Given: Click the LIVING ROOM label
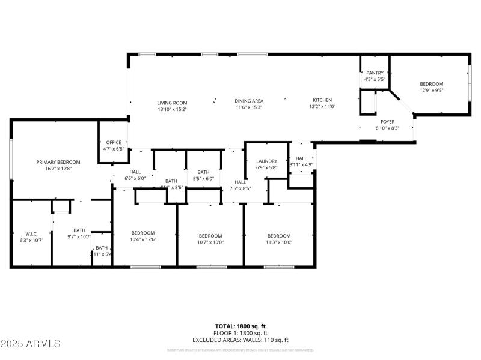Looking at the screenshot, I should [172, 103].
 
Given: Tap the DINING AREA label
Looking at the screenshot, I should [249, 100].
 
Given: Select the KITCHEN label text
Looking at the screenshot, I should [322, 100].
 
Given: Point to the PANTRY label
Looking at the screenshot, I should [375, 73].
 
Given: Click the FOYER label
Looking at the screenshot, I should [387, 121].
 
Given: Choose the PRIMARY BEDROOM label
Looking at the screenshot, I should [58, 162].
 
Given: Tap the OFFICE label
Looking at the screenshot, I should [114, 142].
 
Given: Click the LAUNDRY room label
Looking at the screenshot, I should [266, 161].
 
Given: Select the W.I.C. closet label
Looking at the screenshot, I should [32, 233].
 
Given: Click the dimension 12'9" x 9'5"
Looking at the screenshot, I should [431, 91].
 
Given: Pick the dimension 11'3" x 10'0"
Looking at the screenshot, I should [279, 242].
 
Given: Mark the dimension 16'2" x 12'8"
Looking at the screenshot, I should [58, 169].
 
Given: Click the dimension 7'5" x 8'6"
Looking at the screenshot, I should [240, 188].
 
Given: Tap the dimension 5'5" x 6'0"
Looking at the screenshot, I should [203, 178].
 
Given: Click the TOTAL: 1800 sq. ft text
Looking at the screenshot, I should [240, 326].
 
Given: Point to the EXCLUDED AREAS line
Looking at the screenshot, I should [240, 340].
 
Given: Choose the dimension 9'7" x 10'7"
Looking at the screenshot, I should [79, 236].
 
